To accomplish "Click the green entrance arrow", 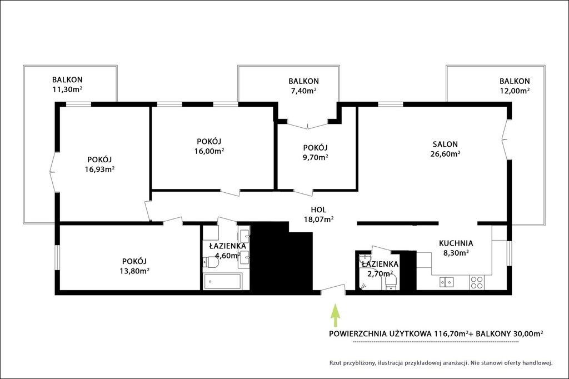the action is click(335, 316).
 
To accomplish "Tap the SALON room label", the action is click(445, 144).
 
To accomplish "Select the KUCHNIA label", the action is click(456, 243).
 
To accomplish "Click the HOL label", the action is click(318, 210).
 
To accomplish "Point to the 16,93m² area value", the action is click(99, 169).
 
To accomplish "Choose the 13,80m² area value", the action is click(134, 271).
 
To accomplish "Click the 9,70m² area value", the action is click(316, 157).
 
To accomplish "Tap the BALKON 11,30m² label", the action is click(67, 84).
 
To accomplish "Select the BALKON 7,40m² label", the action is click(303, 86).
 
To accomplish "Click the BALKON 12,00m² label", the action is click(514, 86).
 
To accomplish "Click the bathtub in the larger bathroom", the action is click(222, 282).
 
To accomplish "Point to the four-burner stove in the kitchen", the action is click(476, 282).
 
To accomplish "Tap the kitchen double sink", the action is click(446, 282).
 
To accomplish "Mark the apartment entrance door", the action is click(333, 288).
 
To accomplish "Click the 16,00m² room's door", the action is click(229, 193).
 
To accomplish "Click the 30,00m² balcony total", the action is click(528, 333).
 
